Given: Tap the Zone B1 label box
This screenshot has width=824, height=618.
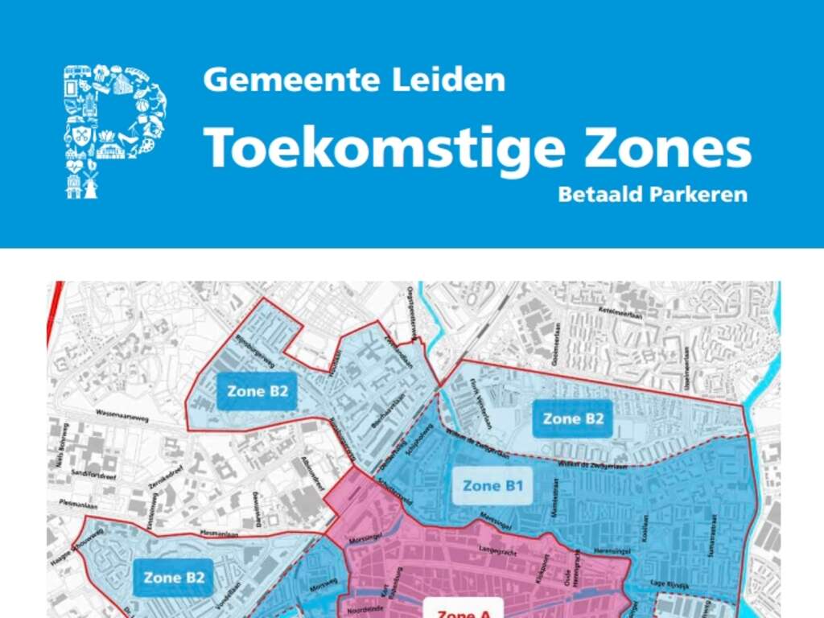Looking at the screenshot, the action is [x=492, y=486].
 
